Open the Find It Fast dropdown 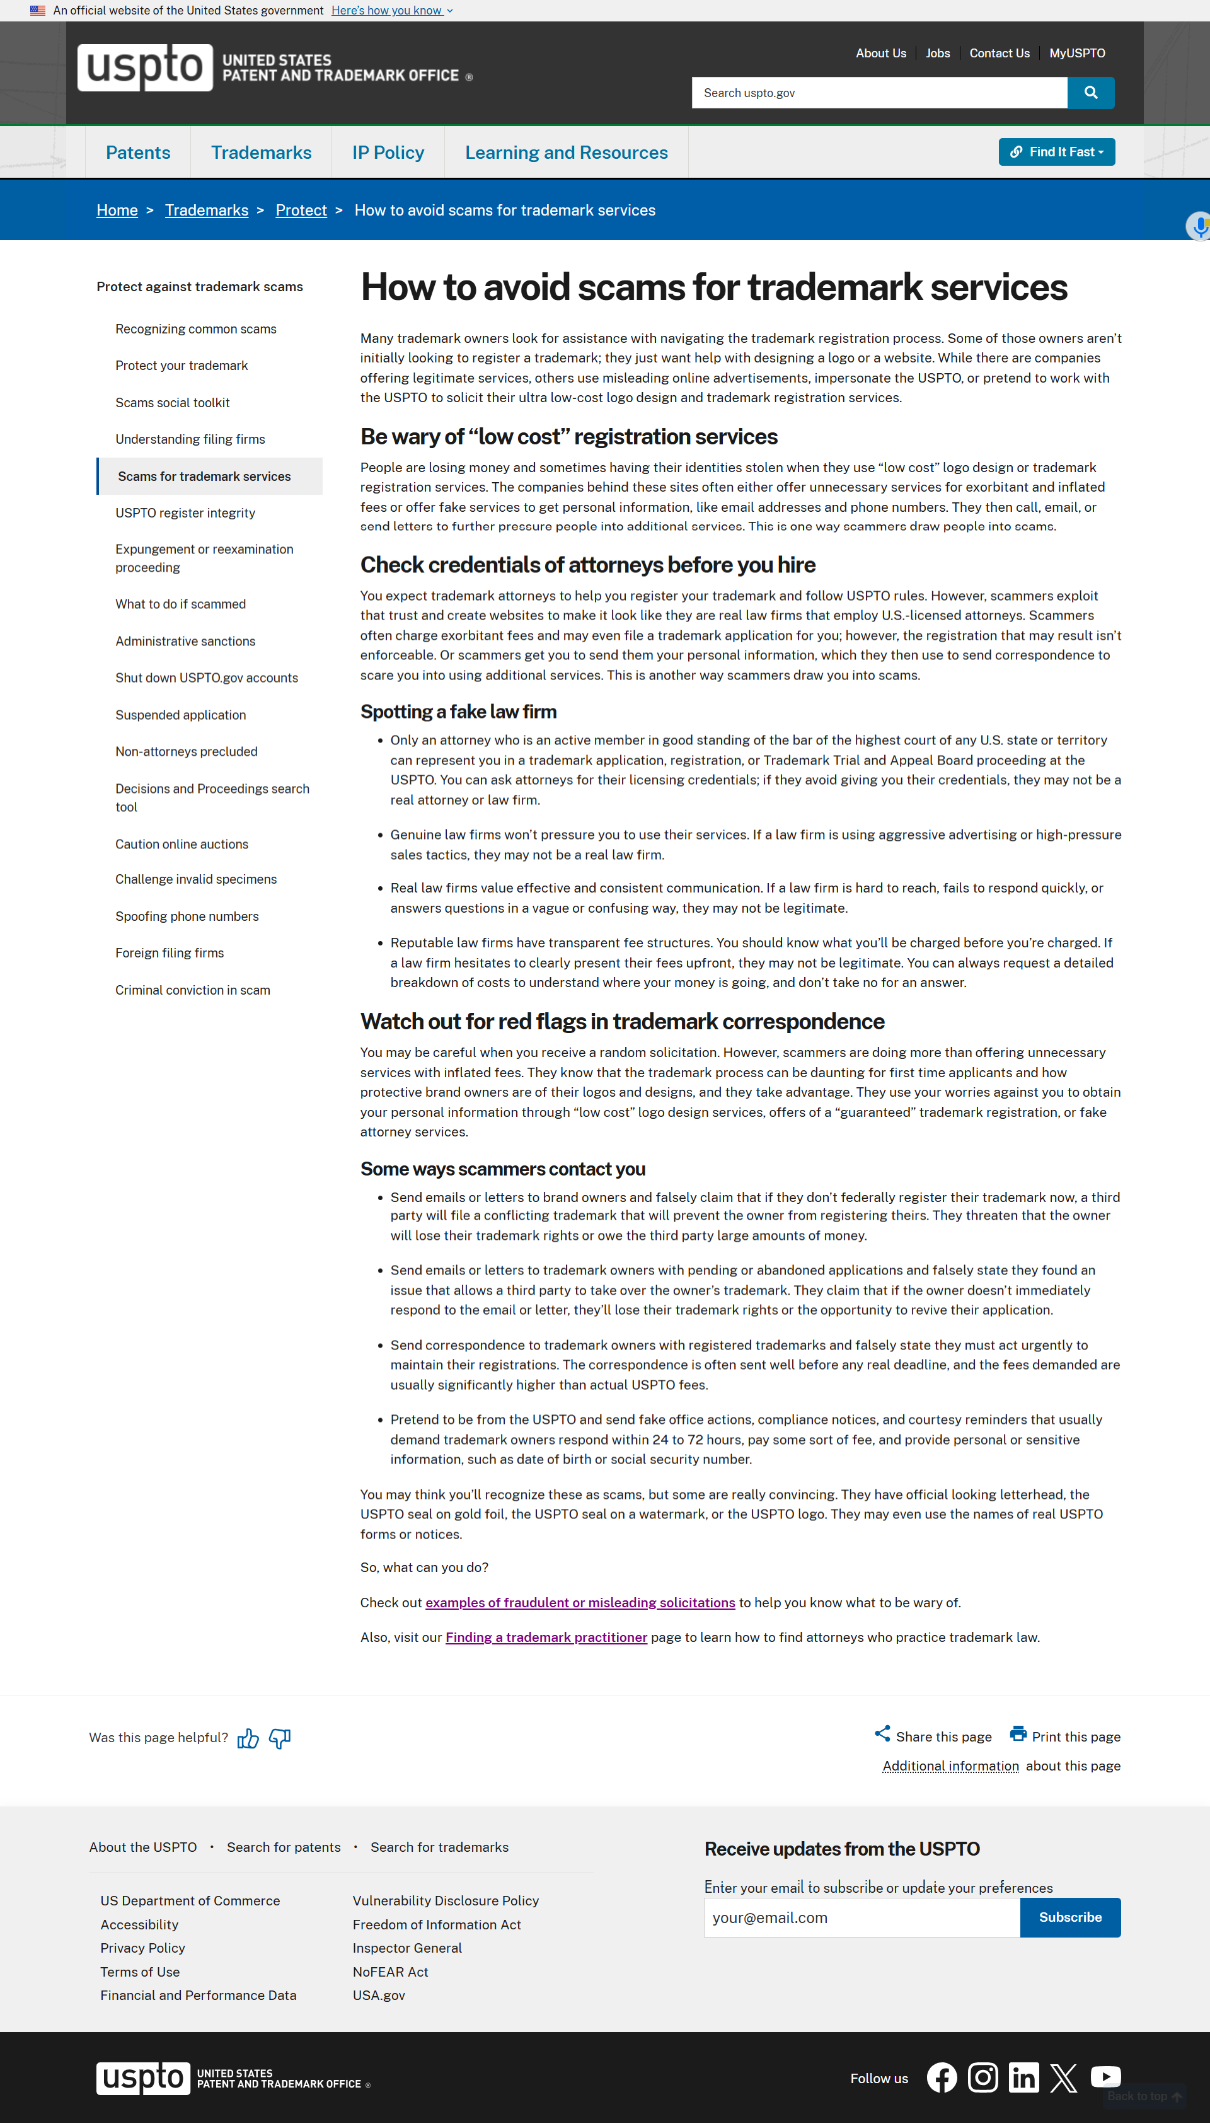tap(1056, 152)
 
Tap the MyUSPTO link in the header tap(1076, 53)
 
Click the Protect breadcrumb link tap(301, 211)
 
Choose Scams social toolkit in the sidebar tap(172, 402)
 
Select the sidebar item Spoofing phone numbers tap(187, 916)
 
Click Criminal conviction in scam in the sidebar tap(193, 990)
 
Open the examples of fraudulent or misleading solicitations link tap(580, 1602)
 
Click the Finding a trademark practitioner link tap(546, 1638)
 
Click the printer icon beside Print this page tap(1018, 1734)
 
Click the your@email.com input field tap(861, 1917)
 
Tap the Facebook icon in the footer tap(942, 2078)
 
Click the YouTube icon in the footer tap(1105, 2077)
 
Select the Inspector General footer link tap(407, 1948)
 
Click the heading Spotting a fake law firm tap(459, 712)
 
